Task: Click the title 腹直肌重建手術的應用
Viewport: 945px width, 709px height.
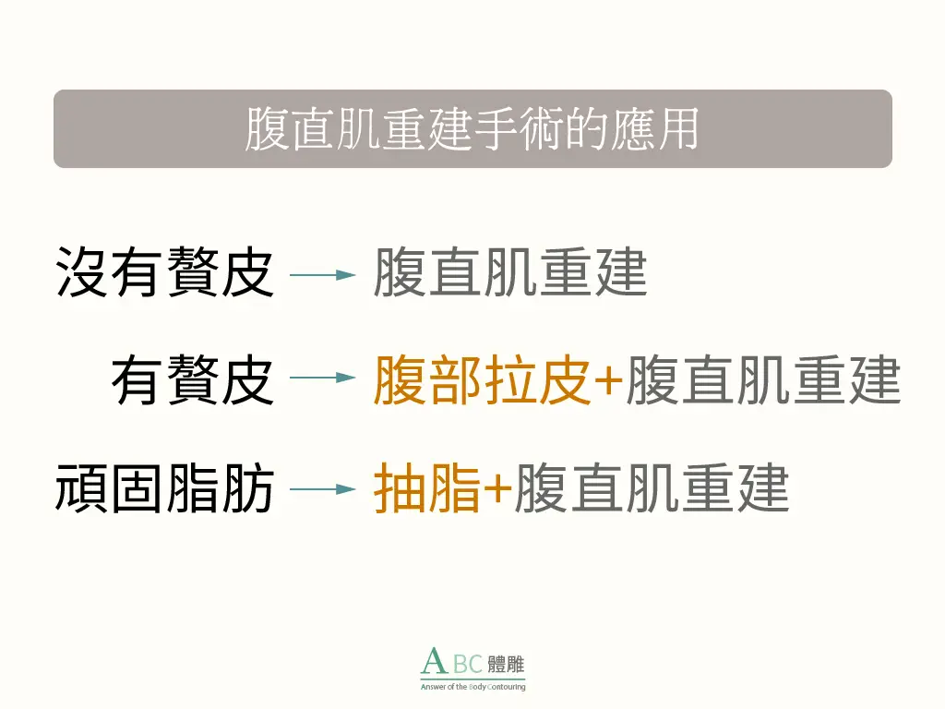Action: tap(472, 128)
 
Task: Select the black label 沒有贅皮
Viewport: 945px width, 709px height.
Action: tap(164, 272)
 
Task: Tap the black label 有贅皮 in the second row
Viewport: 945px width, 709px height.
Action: tap(192, 379)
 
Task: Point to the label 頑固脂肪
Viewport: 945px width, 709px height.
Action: tap(164, 488)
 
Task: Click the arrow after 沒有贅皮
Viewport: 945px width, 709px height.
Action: tap(322, 275)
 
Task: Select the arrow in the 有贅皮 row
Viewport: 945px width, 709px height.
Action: tap(322, 378)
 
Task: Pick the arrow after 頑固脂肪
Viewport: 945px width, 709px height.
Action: tap(322, 489)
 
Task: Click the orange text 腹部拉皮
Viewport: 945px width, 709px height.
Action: tap(482, 379)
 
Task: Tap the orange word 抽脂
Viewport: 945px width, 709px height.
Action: tap(426, 488)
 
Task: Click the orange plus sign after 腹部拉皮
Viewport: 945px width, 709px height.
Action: tap(608, 380)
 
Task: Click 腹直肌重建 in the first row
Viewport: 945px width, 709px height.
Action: tap(510, 272)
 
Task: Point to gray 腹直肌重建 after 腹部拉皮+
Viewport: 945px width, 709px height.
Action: tap(763, 379)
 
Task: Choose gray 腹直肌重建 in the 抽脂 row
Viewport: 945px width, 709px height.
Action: tap(652, 488)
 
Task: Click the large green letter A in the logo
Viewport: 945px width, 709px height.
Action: tap(434, 661)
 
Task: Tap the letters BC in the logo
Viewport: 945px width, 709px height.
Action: tap(468, 664)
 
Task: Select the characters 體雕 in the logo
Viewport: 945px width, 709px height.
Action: tap(506, 665)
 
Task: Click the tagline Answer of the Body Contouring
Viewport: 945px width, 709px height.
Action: tap(473, 687)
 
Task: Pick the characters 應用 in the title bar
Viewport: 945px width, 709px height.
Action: tap(655, 128)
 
